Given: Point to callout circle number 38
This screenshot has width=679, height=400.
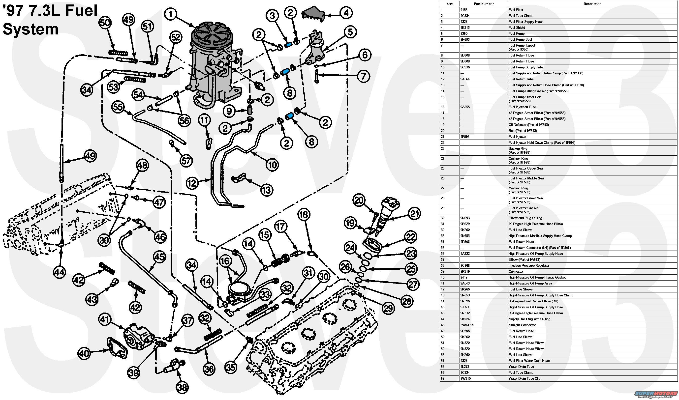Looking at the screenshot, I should coord(183,388).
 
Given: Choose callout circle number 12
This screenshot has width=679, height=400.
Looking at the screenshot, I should coord(192,183).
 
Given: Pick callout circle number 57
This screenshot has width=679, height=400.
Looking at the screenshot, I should coord(186,161).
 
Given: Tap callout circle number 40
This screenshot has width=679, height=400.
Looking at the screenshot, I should coord(84,353).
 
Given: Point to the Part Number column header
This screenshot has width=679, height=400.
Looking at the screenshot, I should coord(484,4).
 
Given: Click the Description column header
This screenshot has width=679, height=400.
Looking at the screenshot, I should coord(592,4).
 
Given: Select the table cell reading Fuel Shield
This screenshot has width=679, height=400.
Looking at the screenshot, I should coord(517,28).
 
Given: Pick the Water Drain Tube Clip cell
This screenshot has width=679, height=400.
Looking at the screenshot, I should coord(525,378).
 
